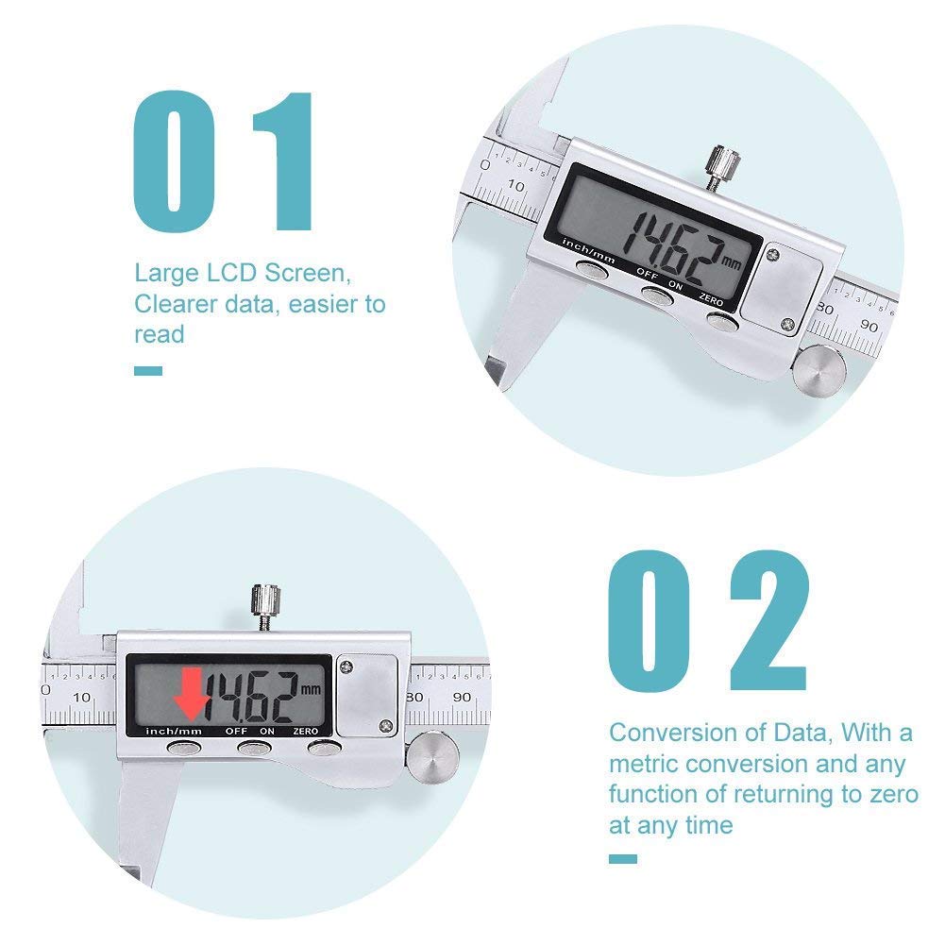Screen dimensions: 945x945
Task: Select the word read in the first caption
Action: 159,334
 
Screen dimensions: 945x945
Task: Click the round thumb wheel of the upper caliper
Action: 818,369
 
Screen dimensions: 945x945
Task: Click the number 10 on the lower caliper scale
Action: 82,697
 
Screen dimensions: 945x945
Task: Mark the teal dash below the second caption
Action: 623,858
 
